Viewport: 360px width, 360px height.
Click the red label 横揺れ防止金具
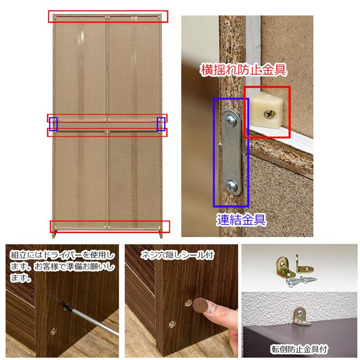[x=243, y=70]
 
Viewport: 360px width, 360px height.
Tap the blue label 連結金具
[x=240, y=220]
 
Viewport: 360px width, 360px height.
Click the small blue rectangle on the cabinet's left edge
[x=54, y=123]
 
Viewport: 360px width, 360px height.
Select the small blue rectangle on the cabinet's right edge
[x=161, y=123]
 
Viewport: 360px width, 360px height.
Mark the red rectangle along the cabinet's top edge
[x=108, y=16]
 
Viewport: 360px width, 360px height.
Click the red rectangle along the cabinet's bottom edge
[x=110, y=226]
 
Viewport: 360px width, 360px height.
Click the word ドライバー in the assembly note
[x=59, y=256]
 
